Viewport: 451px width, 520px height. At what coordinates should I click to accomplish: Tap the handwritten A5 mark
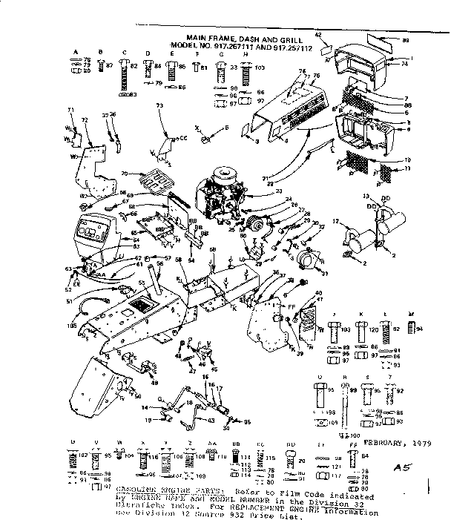pos(402,467)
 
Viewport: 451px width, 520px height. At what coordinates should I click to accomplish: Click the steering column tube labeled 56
pos(158,280)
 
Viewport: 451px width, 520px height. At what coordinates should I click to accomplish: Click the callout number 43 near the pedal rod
pos(211,421)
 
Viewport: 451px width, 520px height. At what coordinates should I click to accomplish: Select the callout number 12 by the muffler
pos(335,222)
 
